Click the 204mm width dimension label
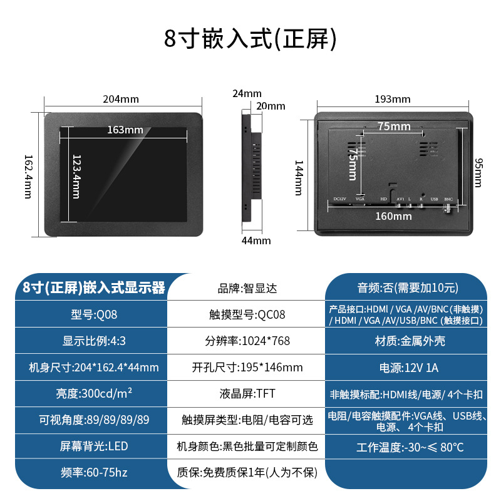tap(121, 100)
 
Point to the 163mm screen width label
tap(125, 130)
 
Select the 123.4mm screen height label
tap(76, 176)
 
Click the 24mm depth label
tap(247, 93)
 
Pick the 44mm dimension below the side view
tap(257, 240)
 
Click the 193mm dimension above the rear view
tap(393, 99)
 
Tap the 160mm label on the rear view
tap(395, 216)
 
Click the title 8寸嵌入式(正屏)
tap(250, 39)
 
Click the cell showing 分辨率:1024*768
tap(247, 341)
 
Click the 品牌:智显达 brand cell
tap(247, 289)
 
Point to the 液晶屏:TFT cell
tap(247, 394)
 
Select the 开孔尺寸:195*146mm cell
tap(247, 368)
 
